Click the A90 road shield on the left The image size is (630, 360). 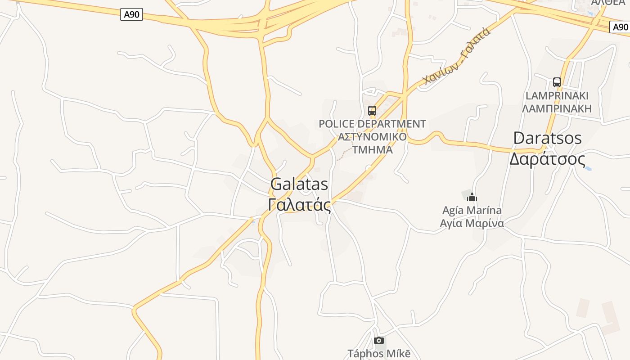point(131,15)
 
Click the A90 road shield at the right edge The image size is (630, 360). point(620,27)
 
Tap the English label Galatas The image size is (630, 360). point(299,184)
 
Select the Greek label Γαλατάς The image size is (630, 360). point(299,205)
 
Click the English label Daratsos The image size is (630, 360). point(547,138)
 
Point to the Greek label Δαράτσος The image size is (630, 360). point(547,159)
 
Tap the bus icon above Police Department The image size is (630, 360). point(372,110)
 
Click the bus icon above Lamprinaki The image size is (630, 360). point(557,82)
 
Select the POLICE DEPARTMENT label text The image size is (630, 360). point(372,124)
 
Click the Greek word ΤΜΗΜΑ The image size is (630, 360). point(372,150)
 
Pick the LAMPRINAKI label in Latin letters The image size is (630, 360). point(557,96)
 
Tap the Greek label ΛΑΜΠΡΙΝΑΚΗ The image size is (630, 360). point(557,108)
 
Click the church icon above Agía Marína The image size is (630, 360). point(472,197)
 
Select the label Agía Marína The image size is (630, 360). point(472,210)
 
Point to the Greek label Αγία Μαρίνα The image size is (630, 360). point(472,223)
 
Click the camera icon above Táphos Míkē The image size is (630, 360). point(379,341)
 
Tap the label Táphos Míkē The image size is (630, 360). point(379,354)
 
